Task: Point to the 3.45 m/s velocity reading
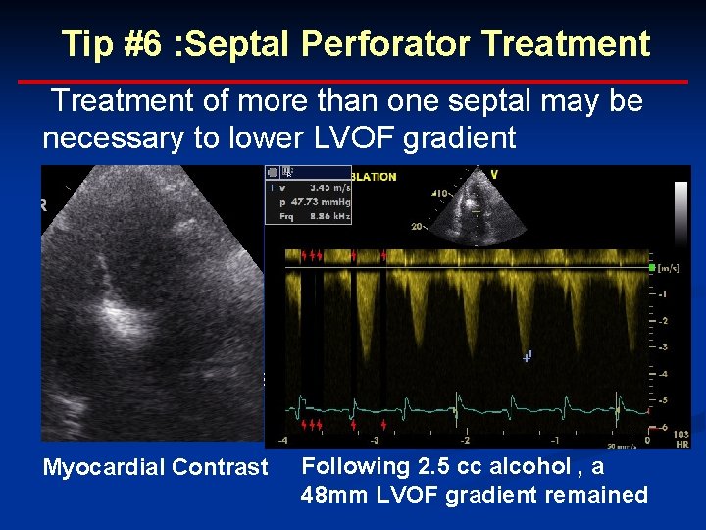coord(325,187)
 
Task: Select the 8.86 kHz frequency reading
coord(323,215)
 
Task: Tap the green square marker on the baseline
coord(650,267)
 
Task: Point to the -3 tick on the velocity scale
coord(664,347)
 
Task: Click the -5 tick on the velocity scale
coord(664,400)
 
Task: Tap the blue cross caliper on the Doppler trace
coord(528,357)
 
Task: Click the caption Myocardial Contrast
coord(155,467)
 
